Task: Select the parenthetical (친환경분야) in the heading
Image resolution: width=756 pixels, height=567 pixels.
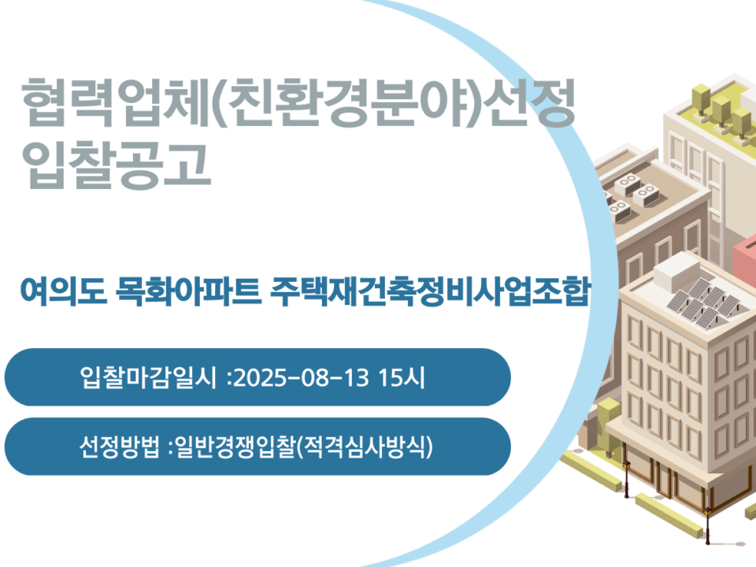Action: point(345,102)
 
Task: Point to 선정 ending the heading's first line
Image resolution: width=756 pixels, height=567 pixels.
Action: point(528,102)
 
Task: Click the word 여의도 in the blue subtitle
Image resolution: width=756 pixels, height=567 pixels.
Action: point(63,291)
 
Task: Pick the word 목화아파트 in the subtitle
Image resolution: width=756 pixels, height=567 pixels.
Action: point(188,291)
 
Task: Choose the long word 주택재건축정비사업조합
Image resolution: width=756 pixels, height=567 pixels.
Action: point(430,291)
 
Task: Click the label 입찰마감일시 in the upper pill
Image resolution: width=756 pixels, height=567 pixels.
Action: point(148,377)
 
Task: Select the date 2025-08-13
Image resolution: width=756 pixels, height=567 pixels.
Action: point(301,377)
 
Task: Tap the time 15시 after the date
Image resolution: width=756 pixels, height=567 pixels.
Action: point(401,377)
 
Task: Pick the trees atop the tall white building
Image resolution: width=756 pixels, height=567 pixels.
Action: point(721,111)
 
